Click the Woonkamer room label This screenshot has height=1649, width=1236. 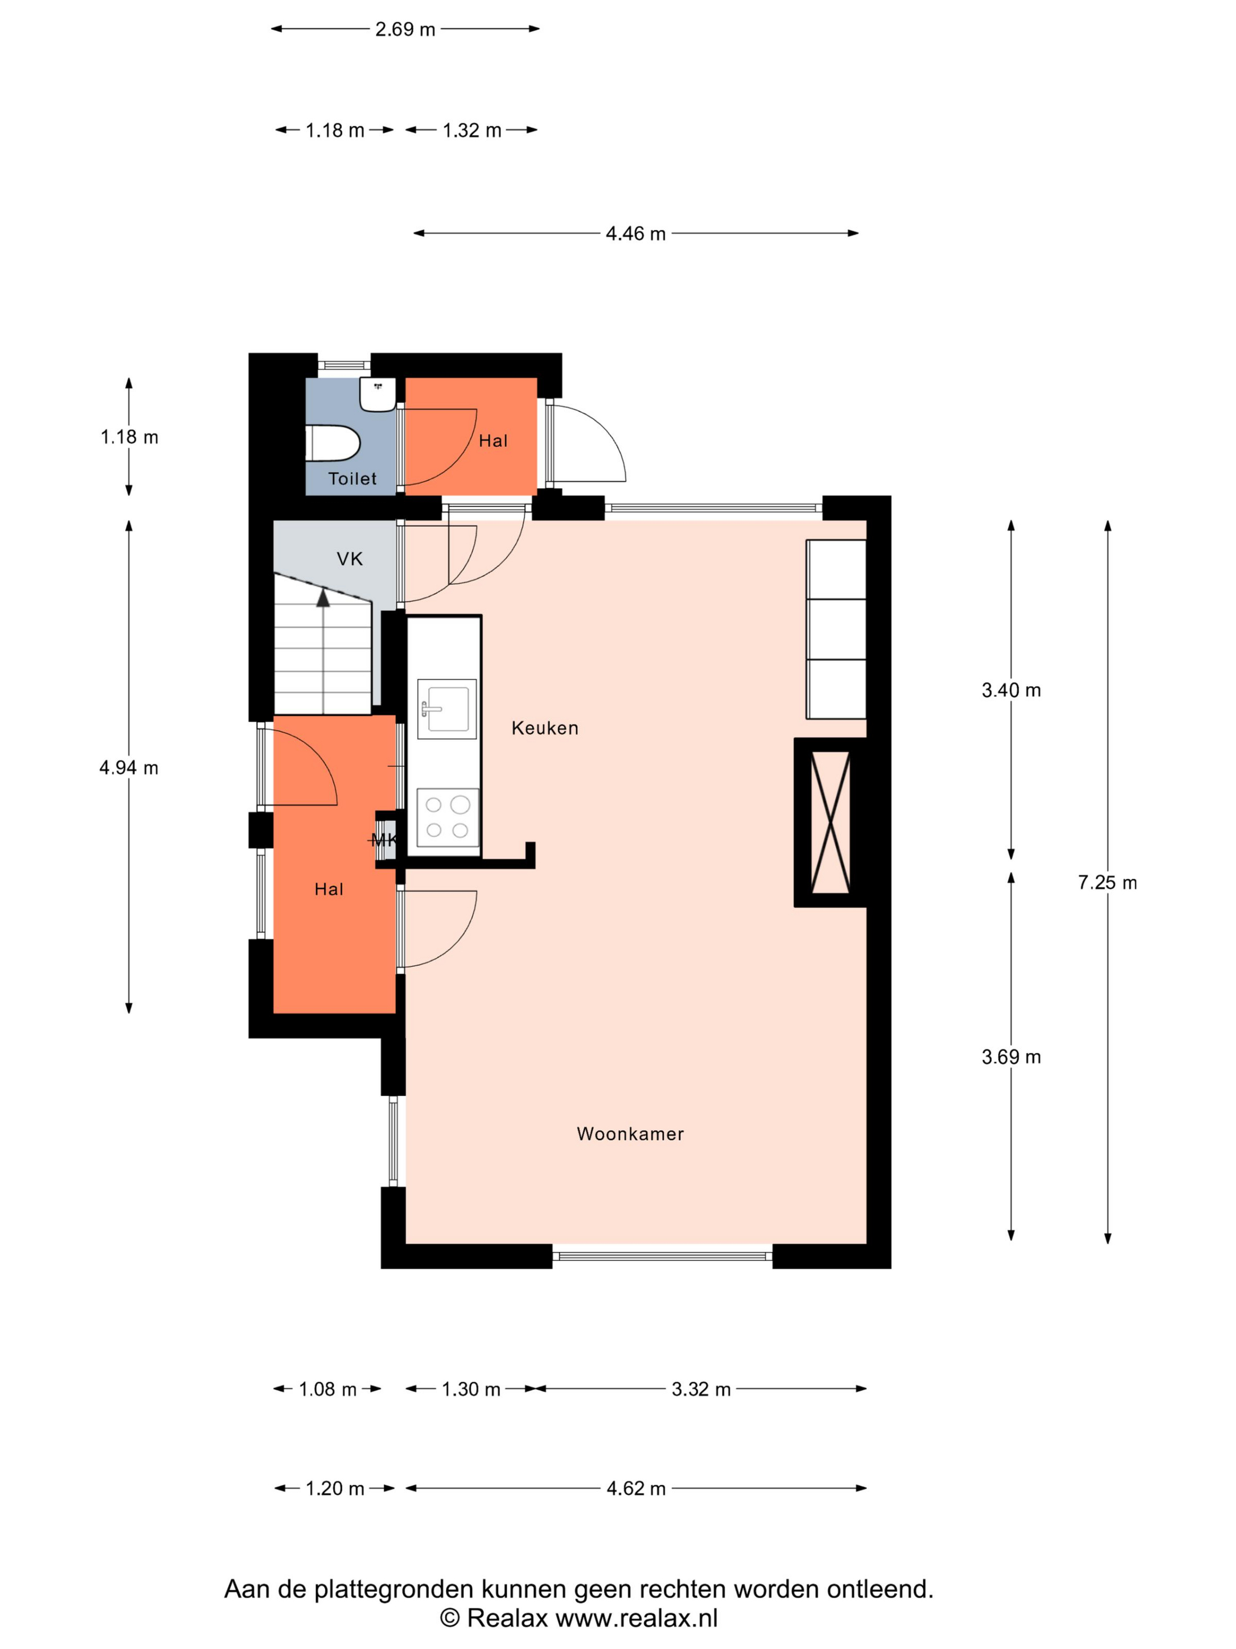point(630,1134)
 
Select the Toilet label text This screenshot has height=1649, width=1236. point(353,479)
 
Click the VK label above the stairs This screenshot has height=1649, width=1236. point(350,559)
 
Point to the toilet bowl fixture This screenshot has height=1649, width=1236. point(333,443)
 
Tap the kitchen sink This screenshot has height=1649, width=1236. point(446,709)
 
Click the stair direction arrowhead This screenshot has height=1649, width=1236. point(323,597)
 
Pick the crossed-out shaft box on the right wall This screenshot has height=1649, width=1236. point(830,822)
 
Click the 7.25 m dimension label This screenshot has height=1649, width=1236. point(1107,883)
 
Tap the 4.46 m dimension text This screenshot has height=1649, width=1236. point(636,233)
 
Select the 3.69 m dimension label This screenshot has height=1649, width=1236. point(1011,1057)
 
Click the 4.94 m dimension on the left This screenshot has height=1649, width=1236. point(129,768)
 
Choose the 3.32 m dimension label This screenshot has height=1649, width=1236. point(701,1389)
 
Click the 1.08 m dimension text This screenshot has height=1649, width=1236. point(328,1389)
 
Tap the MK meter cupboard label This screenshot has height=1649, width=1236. point(384,840)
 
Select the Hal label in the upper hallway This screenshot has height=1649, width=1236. point(493,441)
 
